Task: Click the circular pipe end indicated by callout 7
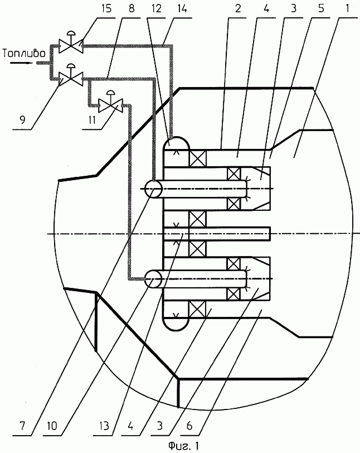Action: tap(153, 190)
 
